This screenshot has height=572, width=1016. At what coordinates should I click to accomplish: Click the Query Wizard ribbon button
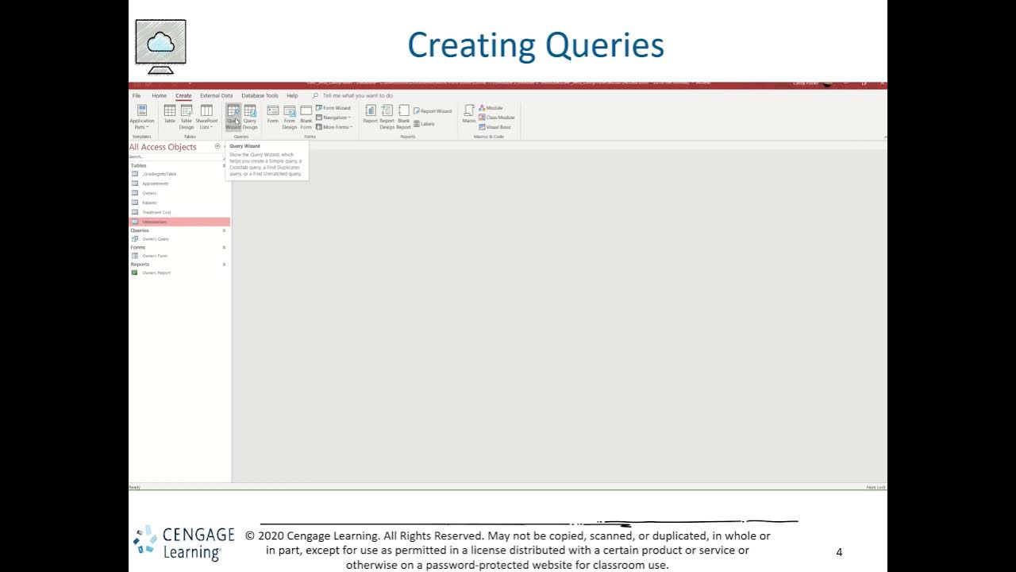(x=233, y=117)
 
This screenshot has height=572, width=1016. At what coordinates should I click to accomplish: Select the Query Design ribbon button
(x=250, y=117)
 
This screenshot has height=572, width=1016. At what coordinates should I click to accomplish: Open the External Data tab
(x=216, y=95)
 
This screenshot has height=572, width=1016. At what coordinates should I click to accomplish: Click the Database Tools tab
(x=260, y=95)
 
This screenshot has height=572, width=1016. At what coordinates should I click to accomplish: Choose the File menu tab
(x=137, y=95)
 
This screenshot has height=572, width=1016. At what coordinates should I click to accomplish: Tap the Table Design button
(x=187, y=117)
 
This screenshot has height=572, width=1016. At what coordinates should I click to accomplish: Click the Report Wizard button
(x=433, y=111)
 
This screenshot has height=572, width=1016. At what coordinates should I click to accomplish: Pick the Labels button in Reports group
(x=425, y=124)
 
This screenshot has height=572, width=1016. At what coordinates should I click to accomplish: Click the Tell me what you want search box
(x=357, y=95)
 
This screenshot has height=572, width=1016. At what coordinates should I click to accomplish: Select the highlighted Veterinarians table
(x=155, y=222)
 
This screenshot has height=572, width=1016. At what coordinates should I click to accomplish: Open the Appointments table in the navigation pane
(x=155, y=184)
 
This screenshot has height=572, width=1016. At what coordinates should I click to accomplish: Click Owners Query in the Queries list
(x=156, y=239)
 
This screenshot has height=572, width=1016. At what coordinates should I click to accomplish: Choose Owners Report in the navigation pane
(x=156, y=273)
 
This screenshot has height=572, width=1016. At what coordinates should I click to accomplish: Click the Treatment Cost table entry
(x=156, y=212)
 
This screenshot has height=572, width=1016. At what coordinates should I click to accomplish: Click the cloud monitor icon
(x=160, y=44)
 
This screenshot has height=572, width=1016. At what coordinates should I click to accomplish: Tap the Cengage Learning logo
(x=183, y=543)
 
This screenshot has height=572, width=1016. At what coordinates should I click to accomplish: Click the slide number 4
(x=839, y=552)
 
